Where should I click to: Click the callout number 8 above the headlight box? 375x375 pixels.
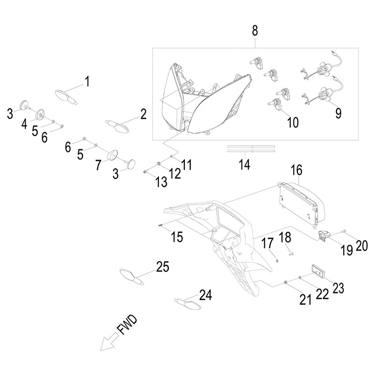[x=255, y=31]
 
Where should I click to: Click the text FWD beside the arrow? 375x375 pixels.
[x=128, y=326]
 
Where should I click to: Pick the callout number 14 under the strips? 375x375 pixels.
[x=244, y=165]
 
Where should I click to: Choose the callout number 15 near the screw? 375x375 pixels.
[x=177, y=237]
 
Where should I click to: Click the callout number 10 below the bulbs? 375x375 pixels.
[x=292, y=122]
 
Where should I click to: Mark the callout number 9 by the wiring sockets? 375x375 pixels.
[x=338, y=112]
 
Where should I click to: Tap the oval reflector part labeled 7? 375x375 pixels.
[x=112, y=155]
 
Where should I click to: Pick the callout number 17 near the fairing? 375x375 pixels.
[x=267, y=243]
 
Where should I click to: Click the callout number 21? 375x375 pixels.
[x=305, y=299]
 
